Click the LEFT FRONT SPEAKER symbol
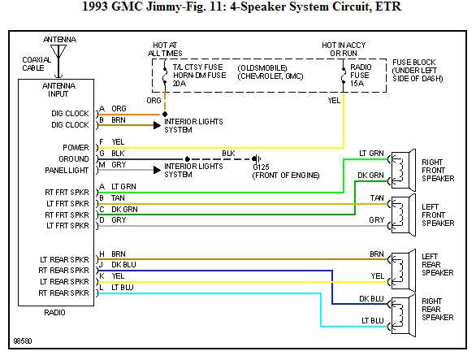400,211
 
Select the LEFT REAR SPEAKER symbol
400,265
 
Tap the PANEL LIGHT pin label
67,170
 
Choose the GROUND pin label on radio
72,158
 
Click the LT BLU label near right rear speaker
373,320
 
